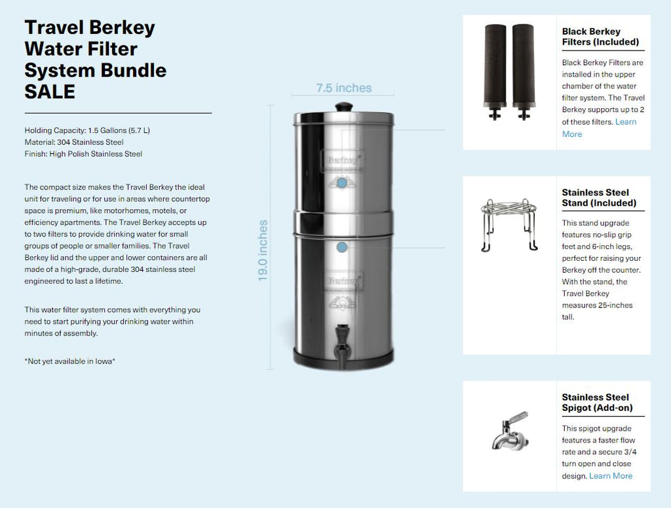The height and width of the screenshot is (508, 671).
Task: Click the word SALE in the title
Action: pyautogui.click(x=50, y=92)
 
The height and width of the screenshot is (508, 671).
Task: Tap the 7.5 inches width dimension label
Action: pyautogui.click(x=343, y=88)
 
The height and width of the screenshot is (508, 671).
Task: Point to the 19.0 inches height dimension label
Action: pyautogui.click(x=263, y=250)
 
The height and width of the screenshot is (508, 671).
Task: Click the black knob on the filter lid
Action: pyautogui.click(x=343, y=106)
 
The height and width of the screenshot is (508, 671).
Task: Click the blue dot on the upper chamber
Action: pyautogui.click(x=341, y=183)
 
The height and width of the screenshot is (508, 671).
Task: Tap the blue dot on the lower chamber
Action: pyautogui.click(x=341, y=247)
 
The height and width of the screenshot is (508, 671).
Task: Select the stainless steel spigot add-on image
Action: pyautogui.click(x=509, y=431)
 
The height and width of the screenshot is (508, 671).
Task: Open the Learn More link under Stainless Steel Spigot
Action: pyautogui.click(x=611, y=476)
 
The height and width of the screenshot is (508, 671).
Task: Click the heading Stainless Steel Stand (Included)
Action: pyautogui.click(x=599, y=198)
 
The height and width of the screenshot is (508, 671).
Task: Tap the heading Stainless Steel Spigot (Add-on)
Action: pyautogui.click(x=597, y=402)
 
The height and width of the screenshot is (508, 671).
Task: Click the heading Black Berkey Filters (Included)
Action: pyautogui.click(x=600, y=37)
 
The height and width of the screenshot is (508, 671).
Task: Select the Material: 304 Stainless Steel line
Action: pyautogui.click(x=74, y=142)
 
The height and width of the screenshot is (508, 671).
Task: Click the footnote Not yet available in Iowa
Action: pyautogui.click(x=69, y=361)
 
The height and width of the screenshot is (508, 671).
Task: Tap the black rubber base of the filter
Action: pyautogui.click(x=343, y=360)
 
